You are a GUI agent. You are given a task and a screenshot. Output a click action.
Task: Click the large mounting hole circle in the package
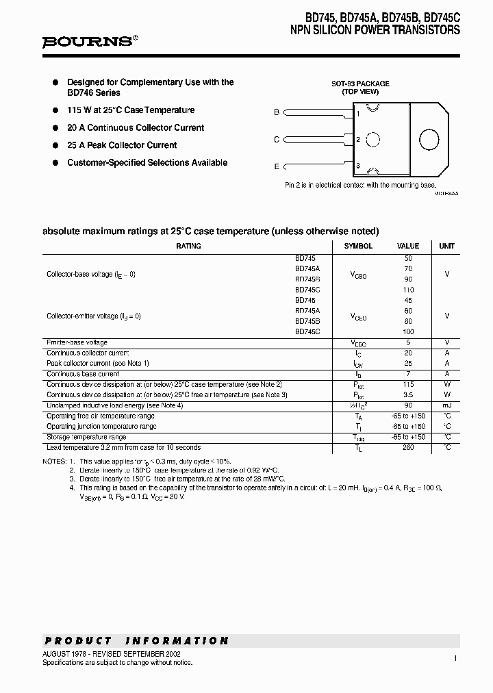pyautogui.click(x=429, y=139)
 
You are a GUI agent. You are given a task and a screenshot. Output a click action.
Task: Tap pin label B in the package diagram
pyautogui.click(x=277, y=112)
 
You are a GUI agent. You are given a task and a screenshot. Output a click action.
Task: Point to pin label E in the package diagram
pyautogui.click(x=277, y=166)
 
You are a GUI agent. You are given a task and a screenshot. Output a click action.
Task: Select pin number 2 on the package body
pyautogui.click(x=358, y=140)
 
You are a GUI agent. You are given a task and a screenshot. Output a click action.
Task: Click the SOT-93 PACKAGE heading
pyautogui.click(x=360, y=84)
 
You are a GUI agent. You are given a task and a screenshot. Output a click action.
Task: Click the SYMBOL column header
pyautogui.click(x=358, y=246)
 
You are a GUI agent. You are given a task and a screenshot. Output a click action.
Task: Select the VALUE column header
pyautogui.click(x=408, y=246)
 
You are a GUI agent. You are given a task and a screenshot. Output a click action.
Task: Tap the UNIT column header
pyautogui.click(x=446, y=246)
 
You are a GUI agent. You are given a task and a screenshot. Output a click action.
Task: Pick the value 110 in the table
pyautogui.click(x=408, y=290)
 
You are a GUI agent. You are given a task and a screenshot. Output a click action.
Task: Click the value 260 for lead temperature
pyautogui.click(x=408, y=448)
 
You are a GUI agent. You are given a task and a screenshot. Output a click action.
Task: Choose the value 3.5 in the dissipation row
pyautogui.click(x=408, y=395)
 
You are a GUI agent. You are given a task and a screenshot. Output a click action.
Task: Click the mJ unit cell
pyautogui.click(x=446, y=405)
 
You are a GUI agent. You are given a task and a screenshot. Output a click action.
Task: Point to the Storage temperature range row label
pyautogui.click(x=86, y=437)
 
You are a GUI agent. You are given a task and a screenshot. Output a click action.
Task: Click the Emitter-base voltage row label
pyautogui.click(x=77, y=342)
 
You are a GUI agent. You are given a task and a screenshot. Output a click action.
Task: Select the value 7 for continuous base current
pyautogui.click(x=408, y=374)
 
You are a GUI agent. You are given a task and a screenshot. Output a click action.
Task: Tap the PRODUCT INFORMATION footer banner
pyautogui.click(x=136, y=641)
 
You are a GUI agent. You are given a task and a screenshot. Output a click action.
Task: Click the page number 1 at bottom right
pyautogui.click(x=455, y=658)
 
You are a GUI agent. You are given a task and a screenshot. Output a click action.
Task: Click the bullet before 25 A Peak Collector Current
pyautogui.click(x=55, y=145)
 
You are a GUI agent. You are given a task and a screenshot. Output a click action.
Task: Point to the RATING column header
pyautogui.click(x=188, y=246)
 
